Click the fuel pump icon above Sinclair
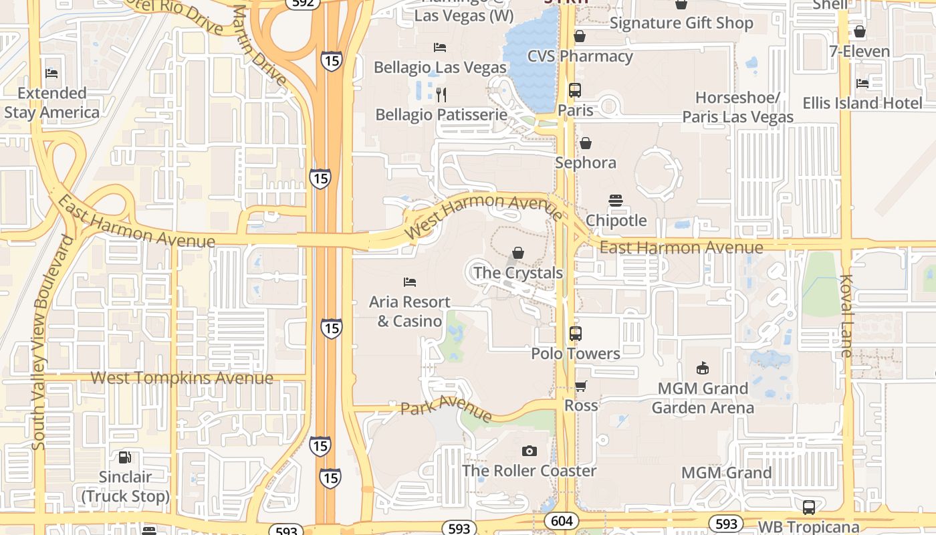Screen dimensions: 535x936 (125, 457)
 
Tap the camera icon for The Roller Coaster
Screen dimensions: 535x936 (529, 451)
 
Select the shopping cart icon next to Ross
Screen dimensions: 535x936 (581, 386)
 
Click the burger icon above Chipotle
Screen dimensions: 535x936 (616, 201)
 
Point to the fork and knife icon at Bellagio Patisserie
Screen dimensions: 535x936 (441, 94)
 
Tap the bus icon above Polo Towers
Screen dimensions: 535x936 (576, 334)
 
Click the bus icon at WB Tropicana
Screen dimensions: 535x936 (809, 507)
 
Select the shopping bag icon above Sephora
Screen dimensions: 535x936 (586, 143)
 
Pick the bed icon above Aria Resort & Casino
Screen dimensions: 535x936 (410, 282)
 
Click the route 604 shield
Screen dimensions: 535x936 (562, 521)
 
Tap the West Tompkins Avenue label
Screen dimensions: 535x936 (182, 378)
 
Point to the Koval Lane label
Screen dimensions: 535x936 (846, 316)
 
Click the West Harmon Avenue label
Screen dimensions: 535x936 (483, 213)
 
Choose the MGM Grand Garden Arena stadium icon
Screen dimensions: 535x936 (703, 368)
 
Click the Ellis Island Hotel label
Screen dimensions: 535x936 (862, 103)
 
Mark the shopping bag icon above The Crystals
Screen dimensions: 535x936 (518, 253)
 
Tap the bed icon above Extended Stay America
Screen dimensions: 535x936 (51, 73)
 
